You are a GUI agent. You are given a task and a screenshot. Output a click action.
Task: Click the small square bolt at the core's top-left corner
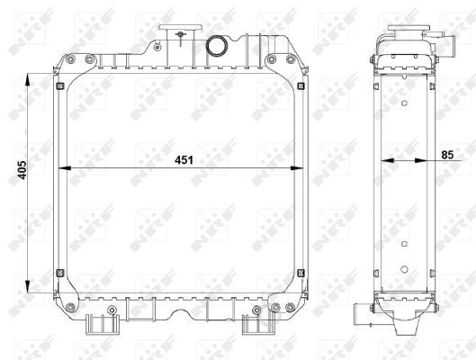tap(59, 86)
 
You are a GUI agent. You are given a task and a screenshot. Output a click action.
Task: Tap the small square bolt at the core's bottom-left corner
tap(59, 274)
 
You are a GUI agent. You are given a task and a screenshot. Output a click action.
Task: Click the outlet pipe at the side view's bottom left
tap(363, 314)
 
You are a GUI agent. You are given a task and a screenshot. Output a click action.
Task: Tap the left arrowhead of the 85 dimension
tap(385, 163)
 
